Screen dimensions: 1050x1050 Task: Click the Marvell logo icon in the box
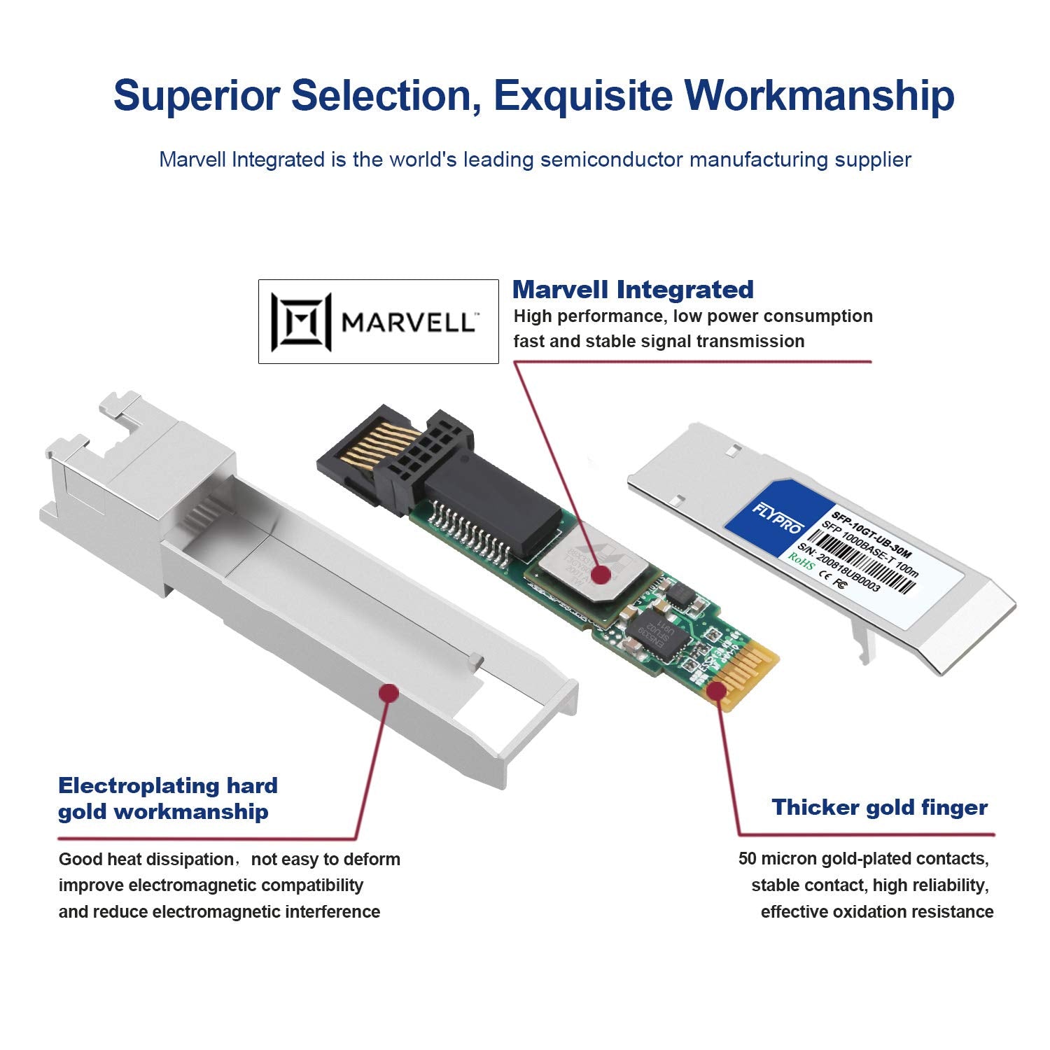pyautogui.click(x=302, y=322)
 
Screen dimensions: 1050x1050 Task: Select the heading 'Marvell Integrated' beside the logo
pyautogui.click(x=633, y=289)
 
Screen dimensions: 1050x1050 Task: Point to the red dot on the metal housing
pyautogui.click(x=388, y=693)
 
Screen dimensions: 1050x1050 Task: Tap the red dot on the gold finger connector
pyautogui.click(x=715, y=691)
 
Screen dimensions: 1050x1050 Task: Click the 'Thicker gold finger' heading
pyautogui.click(x=879, y=807)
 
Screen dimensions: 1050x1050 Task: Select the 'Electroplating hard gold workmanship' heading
pyautogui.click(x=168, y=799)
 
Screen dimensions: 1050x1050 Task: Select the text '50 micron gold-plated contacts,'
pyautogui.click(x=863, y=859)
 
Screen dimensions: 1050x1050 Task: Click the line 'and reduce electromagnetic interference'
pyautogui.click(x=219, y=911)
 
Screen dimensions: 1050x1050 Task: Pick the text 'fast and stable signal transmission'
pyautogui.click(x=659, y=342)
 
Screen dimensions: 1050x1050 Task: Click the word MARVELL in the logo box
pyautogui.click(x=407, y=323)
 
